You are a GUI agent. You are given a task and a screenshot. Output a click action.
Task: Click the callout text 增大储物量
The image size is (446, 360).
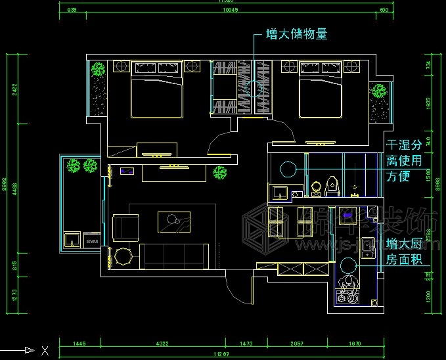296,34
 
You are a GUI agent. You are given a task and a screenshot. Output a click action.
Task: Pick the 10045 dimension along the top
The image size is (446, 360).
229,10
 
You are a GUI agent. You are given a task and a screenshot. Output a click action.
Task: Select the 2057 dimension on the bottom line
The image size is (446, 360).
297,343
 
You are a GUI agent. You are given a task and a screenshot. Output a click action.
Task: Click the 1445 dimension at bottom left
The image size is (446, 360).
79,343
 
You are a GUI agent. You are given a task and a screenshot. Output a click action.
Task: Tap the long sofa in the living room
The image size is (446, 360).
176,256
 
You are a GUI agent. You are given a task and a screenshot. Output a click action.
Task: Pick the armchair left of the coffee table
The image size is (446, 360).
125,227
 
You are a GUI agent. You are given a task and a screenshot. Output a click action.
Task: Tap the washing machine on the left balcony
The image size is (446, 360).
72,239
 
